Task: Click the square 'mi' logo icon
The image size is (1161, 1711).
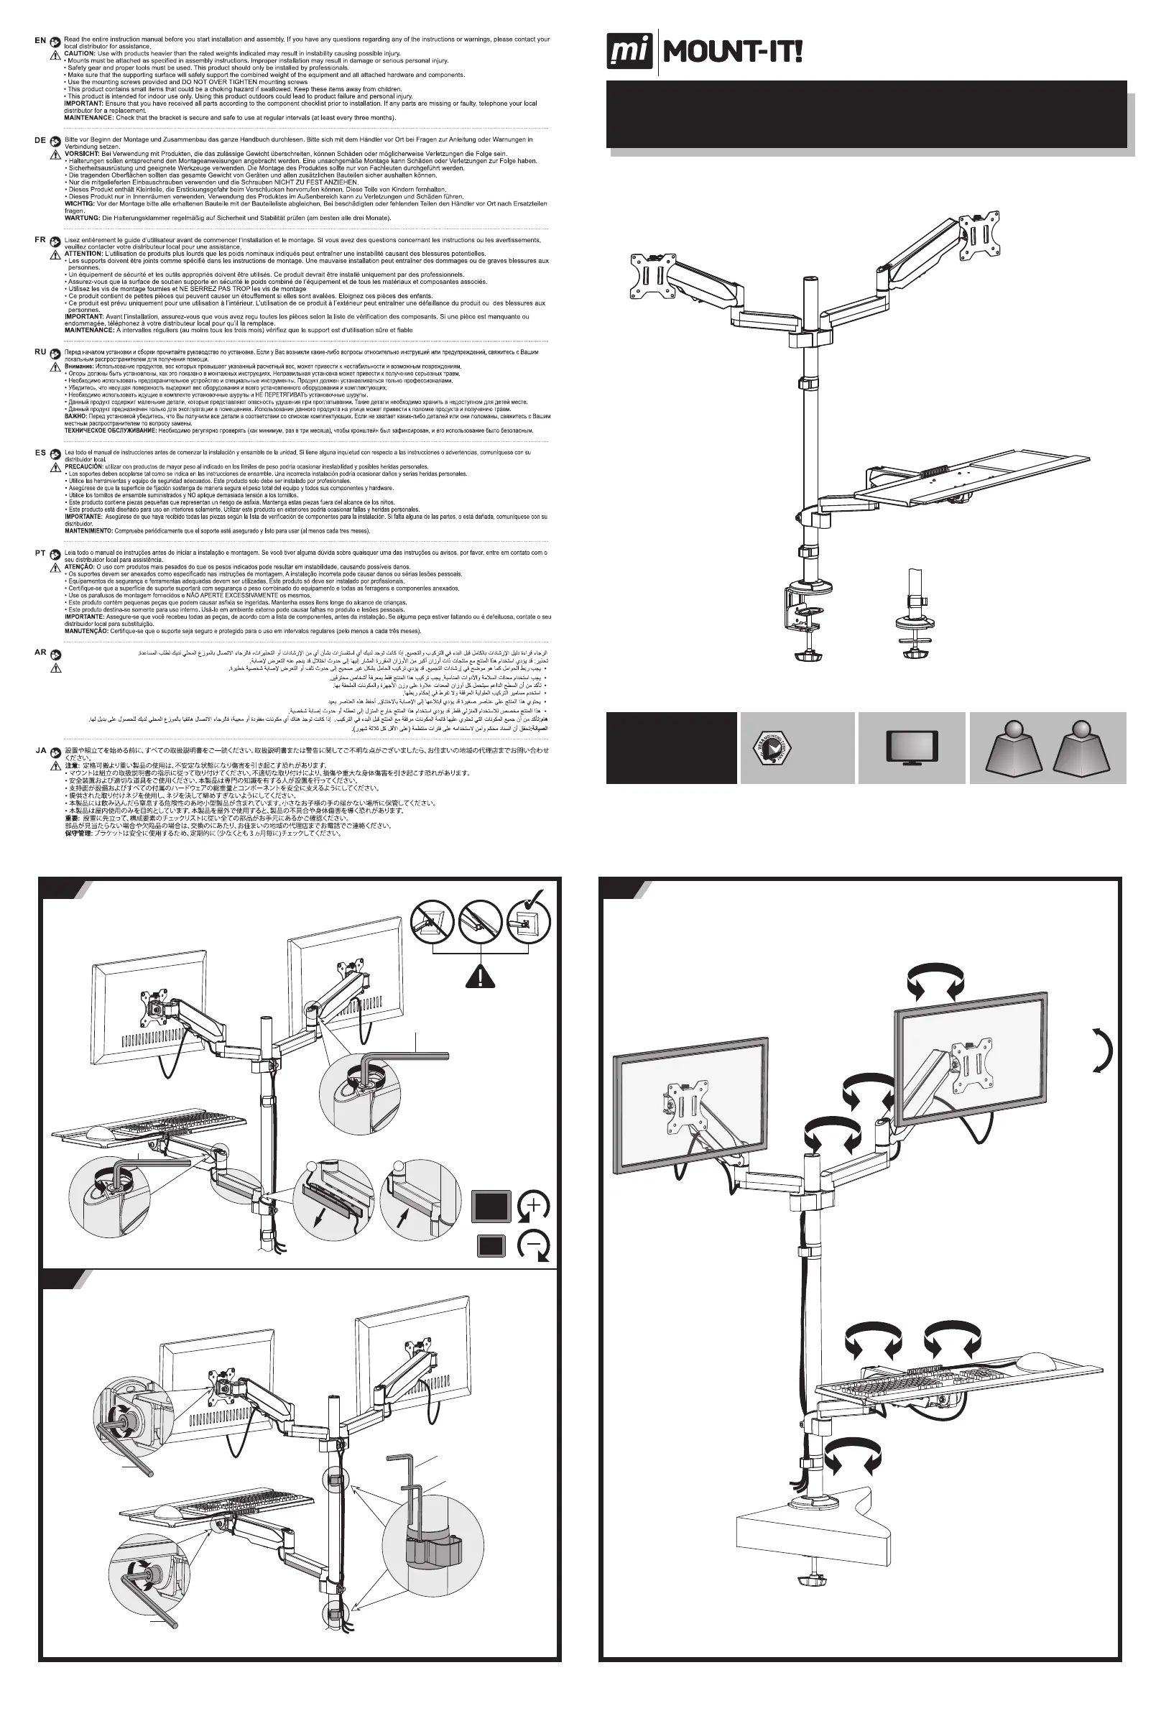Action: click(x=630, y=54)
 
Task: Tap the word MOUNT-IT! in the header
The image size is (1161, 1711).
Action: click(x=733, y=53)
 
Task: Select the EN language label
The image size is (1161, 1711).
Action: click(x=40, y=40)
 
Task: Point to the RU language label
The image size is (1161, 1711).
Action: click(x=40, y=352)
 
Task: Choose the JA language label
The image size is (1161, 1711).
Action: click(x=41, y=750)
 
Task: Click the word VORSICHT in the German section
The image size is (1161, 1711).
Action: click(x=83, y=153)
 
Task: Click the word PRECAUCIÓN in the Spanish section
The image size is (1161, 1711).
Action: click(x=84, y=467)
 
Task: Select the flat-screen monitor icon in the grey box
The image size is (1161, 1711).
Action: click(x=912, y=747)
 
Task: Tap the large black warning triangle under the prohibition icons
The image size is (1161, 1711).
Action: click(x=480, y=975)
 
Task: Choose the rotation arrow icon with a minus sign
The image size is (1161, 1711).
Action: click(x=534, y=1247)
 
